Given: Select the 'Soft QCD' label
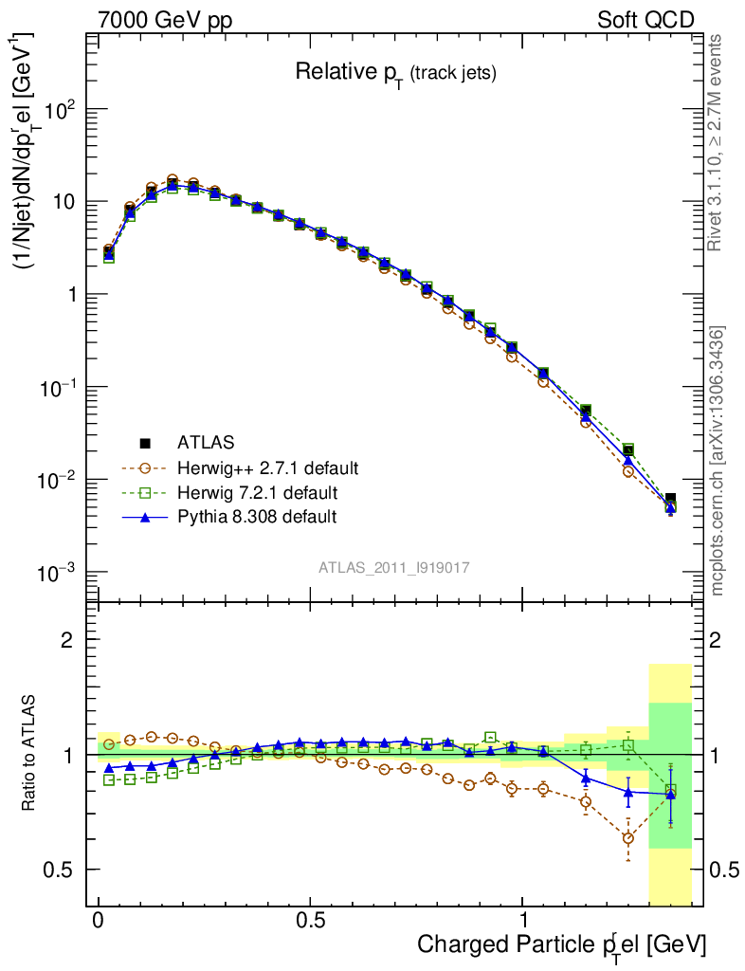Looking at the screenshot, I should (x=645, y=20).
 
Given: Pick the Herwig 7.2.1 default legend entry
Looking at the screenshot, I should (x=257, y=492).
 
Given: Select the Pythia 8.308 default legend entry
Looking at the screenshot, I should (x=257, y=517).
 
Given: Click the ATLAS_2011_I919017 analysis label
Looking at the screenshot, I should (x=394, y=567).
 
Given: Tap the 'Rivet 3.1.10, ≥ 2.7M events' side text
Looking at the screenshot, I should (x=716, y=142).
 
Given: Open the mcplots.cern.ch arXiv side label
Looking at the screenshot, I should (x=718, y=461).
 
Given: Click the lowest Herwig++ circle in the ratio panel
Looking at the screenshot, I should (x=627, y=838).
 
